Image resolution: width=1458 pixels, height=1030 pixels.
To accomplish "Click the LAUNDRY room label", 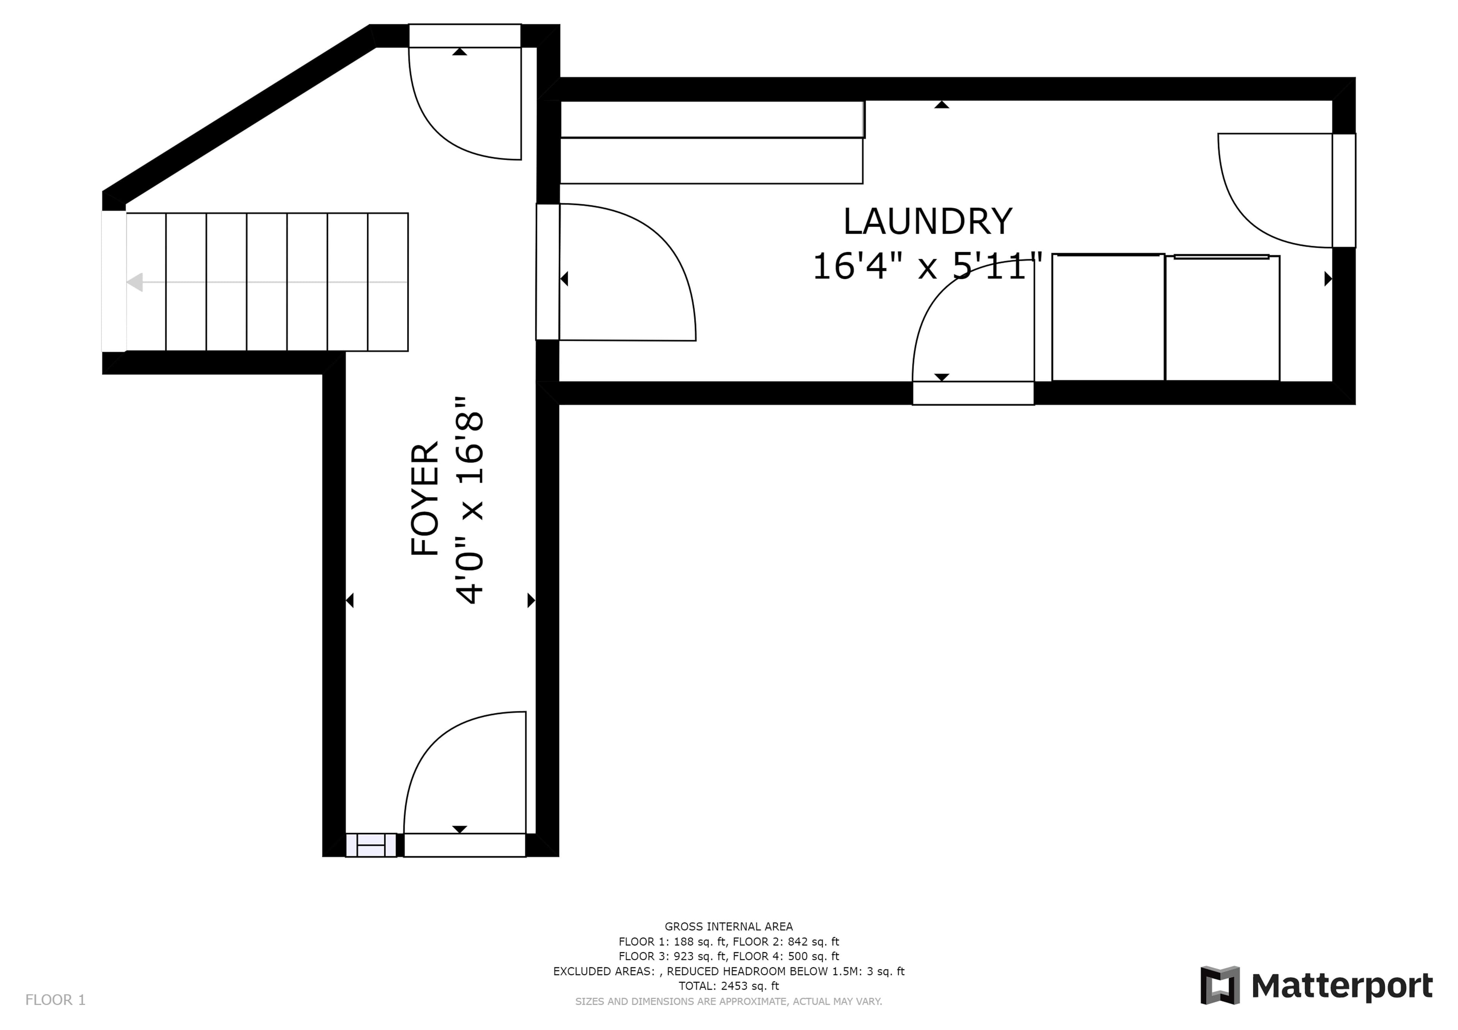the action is (927, 222).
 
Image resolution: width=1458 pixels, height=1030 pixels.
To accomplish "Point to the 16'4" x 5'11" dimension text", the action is (928, 266).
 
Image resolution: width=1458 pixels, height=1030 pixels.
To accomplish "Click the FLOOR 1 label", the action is (55, 1000).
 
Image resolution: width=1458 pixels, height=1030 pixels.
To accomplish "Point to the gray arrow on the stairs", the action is (267, 282).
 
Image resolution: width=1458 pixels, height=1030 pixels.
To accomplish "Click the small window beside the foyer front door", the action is (371, 845).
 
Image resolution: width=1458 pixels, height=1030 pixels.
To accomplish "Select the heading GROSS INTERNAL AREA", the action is (728, 926).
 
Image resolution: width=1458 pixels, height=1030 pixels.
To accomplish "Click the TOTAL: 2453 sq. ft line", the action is (728, 986).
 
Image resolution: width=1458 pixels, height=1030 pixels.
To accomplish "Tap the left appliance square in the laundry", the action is (1108, 317).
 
